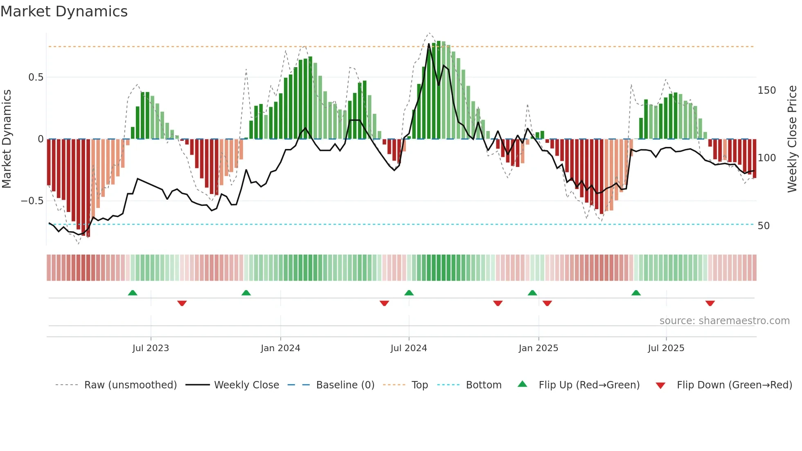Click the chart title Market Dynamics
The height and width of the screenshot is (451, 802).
click(64, 11)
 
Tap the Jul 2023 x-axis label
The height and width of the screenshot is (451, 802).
click(151, 348)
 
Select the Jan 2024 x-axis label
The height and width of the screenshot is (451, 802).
click(280, 348)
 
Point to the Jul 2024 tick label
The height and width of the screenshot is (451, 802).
click(408, 348)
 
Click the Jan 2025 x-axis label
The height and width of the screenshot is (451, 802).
click(538, 348)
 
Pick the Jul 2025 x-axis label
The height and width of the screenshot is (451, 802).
click(666, 348)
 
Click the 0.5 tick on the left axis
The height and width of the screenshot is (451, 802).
click(36, 77)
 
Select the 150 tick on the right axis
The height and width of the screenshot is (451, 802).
click(766, 90)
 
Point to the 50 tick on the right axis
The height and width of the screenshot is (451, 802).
click(764, 226)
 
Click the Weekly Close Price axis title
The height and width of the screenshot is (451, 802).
click(792, 139)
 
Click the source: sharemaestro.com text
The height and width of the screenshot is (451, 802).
click(724, 321)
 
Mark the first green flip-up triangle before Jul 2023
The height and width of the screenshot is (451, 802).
click(133, 293)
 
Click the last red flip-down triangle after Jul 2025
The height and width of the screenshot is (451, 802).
click(710, 303)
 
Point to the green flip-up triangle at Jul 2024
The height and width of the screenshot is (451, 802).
click(409, 293)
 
